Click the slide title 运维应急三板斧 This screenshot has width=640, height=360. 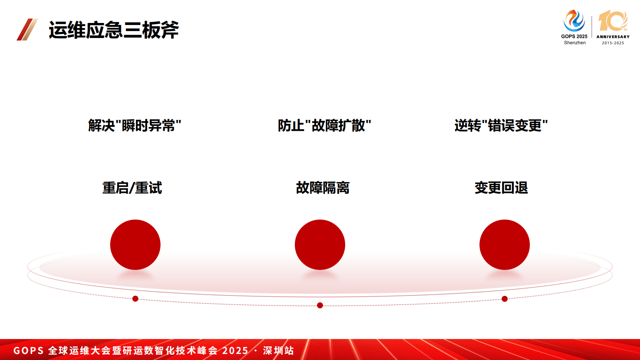[x=114, y=30]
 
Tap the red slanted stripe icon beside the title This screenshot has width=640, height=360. [x=27, y=29]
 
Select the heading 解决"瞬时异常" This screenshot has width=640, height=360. [x=135, y=126]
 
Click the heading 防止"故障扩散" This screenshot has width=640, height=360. [x=324, y=126]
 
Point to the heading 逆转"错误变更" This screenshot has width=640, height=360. [x=501, y=126]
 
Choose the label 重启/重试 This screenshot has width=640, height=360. [x=132, y=188]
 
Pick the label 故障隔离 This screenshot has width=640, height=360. [x=323, y=188]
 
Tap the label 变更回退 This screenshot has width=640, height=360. [x=501, y=188]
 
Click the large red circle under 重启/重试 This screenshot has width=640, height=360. [x=135, y=245]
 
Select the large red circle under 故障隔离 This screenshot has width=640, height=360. [x=320, y=245]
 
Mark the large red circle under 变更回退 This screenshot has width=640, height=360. [x=504, y=245]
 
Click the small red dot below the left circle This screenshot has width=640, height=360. [x=136, y=299]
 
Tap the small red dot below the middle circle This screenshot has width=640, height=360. [x=320, y=306]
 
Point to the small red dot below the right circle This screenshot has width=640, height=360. [x=504, y=299]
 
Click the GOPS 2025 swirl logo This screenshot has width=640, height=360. [x=574, y=21]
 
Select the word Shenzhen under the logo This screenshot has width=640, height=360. [x=575, y=43]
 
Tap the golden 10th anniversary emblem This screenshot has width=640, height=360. [x=613, y=21]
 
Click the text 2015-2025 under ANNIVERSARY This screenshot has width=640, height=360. [x=613, y=43]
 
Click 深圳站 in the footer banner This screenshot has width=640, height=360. [x=278, y=351]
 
